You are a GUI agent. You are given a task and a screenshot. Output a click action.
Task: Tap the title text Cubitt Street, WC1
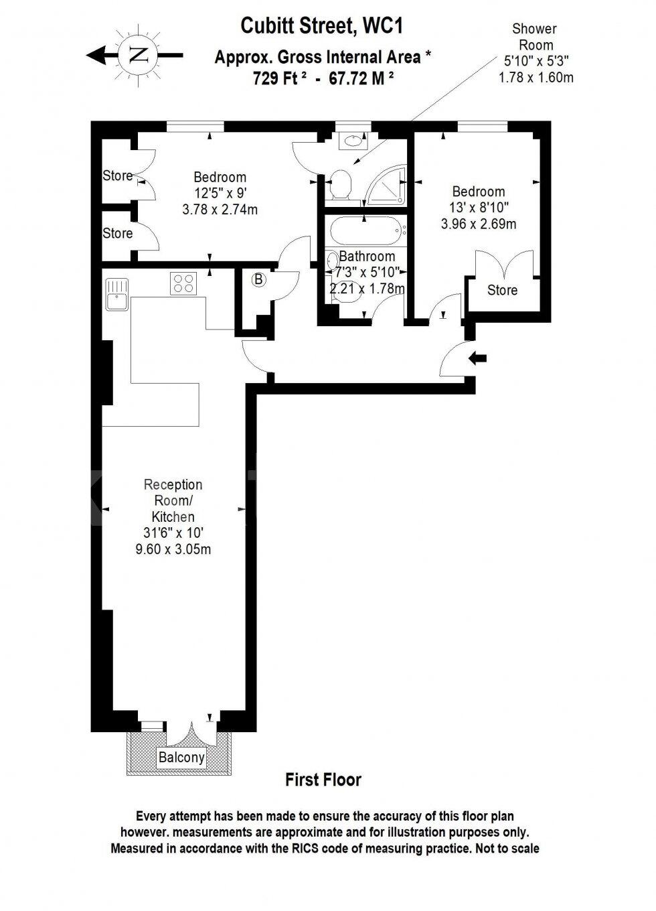[x=322, y=26]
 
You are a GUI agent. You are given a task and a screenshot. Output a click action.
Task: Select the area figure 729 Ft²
[x=279, y=78]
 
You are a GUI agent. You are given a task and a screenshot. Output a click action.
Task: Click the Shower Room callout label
[x=535, y=37]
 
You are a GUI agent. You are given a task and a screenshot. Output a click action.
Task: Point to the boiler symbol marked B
[x=258, y=280]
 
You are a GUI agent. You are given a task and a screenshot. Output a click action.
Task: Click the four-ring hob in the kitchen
[x=184, y=283]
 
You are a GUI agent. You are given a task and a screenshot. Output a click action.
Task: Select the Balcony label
[x=181, y=758]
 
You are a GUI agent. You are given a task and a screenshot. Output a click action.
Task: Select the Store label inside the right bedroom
[x=502, y=290]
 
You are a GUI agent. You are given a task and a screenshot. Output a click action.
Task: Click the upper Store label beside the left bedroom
[x=117, y=176]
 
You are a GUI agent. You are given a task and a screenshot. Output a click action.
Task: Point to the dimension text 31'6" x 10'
[x=173, y=533]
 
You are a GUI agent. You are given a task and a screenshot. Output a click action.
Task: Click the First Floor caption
[x=323, y=780]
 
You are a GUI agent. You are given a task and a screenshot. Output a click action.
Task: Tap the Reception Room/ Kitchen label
[x=173, y=500]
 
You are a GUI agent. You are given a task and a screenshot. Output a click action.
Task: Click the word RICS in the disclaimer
[x=325, y=848]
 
